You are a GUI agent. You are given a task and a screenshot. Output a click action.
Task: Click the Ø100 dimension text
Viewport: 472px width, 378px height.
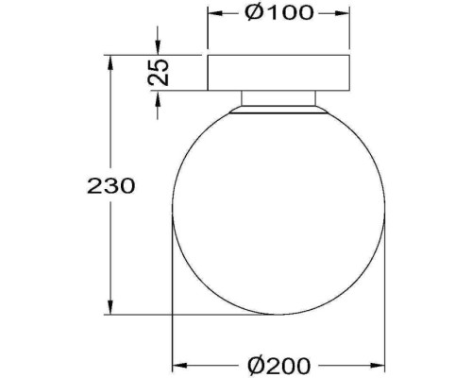click(278, 13)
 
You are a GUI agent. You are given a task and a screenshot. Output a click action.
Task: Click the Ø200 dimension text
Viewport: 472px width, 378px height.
click(279, 364)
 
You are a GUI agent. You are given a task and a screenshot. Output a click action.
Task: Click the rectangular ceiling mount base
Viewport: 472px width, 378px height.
click(278, 73)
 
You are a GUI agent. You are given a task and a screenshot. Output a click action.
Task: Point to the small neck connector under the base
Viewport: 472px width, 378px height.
click(278, 98)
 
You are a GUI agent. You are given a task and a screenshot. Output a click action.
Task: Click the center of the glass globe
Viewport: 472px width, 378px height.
click(278, 211)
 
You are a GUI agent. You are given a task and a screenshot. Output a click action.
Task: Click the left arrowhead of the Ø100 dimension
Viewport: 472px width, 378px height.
click(212, 13)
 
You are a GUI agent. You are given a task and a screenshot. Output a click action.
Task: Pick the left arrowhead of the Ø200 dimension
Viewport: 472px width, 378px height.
click(177, 364)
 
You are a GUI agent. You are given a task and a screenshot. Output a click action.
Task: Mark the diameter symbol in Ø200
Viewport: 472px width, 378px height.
click(253, 364)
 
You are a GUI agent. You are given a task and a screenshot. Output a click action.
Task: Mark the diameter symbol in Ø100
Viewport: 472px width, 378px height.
click(252, 13)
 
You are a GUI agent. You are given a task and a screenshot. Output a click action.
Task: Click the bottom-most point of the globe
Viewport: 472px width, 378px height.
click(278, 313)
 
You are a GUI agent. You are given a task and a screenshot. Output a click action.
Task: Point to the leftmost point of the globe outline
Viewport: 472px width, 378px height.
click(173, 211)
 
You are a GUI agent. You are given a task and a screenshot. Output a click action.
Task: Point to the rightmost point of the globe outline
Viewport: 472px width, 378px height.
click(384, 211)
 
